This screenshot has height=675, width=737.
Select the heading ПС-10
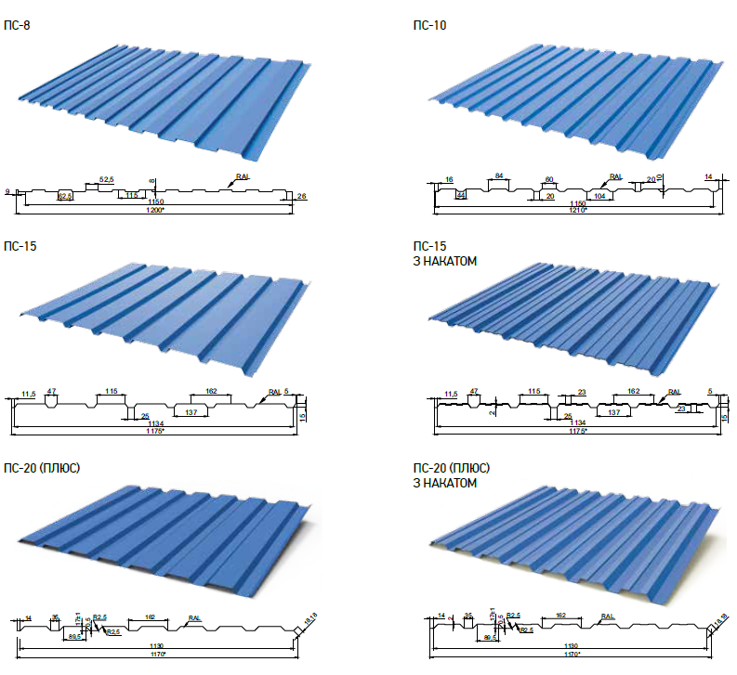(x=429, y=25)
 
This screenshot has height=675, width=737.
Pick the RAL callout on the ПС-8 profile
(x=243, y=176)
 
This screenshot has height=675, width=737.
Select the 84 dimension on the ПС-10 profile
(x=498, y=175)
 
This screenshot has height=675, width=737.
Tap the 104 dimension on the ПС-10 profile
(x=599, y=196)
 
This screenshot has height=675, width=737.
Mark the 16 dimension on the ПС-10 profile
(x=449, y=178)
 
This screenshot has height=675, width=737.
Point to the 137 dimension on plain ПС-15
(x=191, y=411)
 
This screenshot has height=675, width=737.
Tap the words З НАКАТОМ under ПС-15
(x=445, y=262)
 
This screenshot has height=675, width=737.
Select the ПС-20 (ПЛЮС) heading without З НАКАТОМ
(x=42, y=467)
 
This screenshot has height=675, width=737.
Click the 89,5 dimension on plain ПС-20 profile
(x=74, y=637)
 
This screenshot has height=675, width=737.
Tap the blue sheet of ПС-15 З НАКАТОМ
(x=576, y=320)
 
